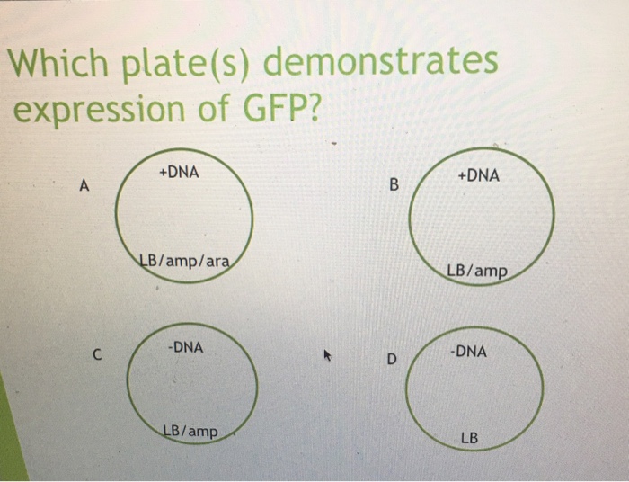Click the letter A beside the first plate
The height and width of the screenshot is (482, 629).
[84, 187]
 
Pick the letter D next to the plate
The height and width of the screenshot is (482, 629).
[391, 361]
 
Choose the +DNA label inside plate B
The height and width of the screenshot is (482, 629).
[478, 177]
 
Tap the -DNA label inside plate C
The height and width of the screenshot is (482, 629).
[186, 346]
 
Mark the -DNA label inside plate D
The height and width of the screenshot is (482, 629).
[468, 352]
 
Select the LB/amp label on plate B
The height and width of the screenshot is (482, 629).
[476, 271]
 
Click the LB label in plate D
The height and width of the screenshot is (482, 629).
[469, 439]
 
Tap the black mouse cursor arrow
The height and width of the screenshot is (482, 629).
[328, 358]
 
